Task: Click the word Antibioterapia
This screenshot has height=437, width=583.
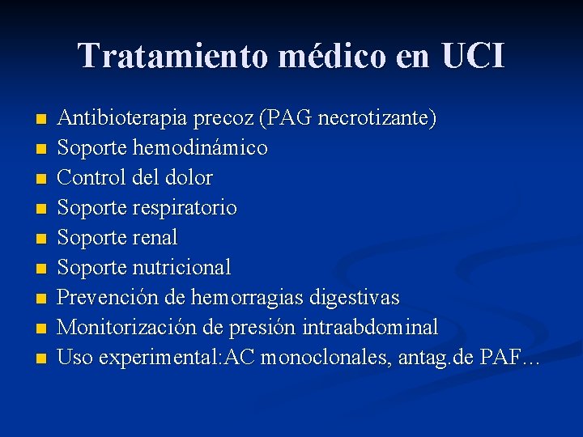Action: pyautogui.click(x=124, y=118)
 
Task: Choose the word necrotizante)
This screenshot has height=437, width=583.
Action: pyautogui.click(x=378, y=118)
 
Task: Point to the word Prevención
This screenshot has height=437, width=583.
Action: pyautogui.click(x=109, y=297)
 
